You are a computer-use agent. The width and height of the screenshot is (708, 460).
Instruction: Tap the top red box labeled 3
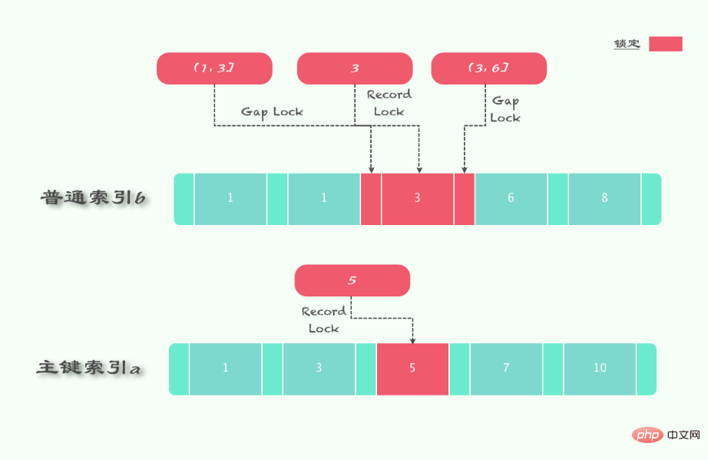(x=355, y=68)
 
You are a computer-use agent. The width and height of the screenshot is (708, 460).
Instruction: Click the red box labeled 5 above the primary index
(x=352, y=280)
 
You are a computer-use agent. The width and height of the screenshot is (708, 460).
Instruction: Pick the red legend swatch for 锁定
(x=666, y=44)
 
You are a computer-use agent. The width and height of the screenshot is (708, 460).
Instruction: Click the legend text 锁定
(x=627, y=44)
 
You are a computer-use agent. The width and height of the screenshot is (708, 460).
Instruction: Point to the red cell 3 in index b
(x=417, y=199)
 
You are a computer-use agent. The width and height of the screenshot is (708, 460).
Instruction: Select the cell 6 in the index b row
(x=511, y=199)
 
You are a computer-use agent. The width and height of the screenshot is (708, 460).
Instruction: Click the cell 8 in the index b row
(x=604, y=199)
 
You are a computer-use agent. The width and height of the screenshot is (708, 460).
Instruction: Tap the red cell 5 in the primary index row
(x=412, y=369)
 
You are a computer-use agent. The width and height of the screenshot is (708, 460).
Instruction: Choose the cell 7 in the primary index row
(x=506, y=369)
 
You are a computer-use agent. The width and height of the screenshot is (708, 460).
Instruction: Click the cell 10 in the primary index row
(x=600, y=369)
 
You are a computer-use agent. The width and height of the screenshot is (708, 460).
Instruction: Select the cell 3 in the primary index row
(x=319, y=369)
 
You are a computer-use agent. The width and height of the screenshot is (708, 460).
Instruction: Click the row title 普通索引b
(x=93, y=197)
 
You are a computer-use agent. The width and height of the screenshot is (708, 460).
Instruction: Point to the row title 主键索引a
(x=88, y=367)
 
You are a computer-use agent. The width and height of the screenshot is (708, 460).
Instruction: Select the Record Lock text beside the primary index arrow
(x=324, y=320)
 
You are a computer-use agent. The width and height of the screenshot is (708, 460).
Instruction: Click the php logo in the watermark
(x=648, y=435)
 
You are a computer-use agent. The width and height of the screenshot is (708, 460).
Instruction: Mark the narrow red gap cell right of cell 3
(x=464, y=199)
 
